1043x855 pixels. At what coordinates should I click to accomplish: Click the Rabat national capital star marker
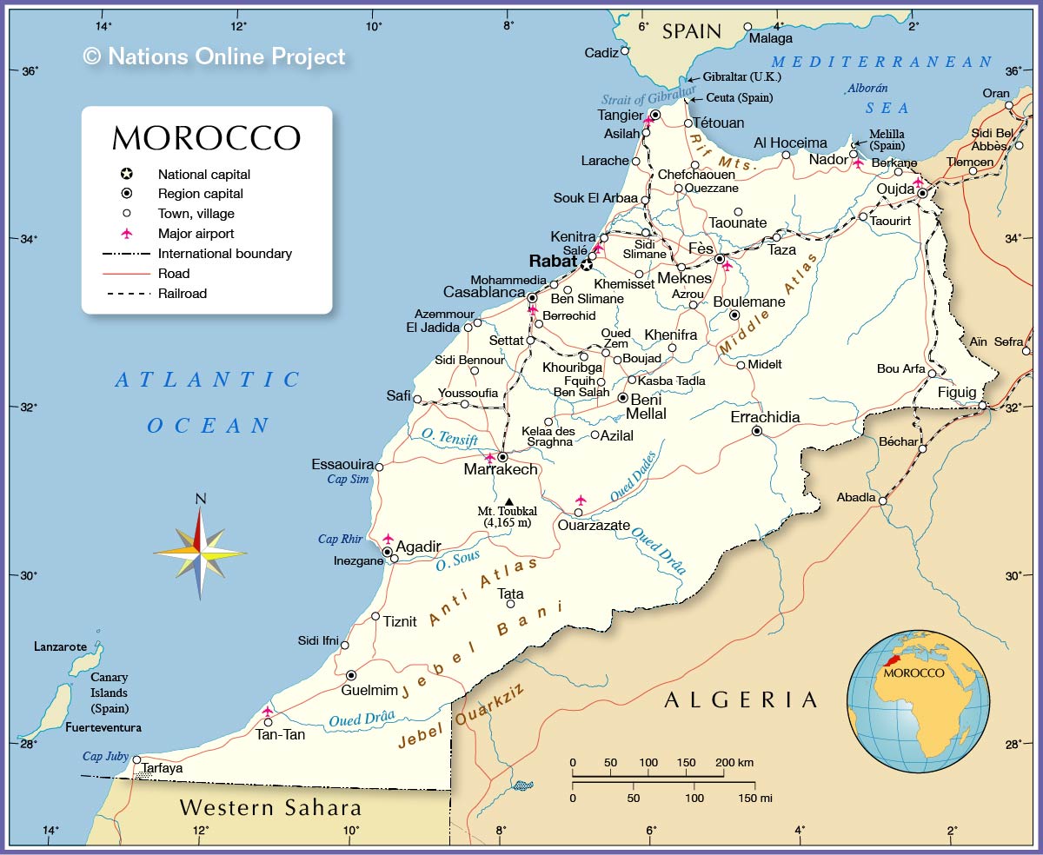(x=588, y=264)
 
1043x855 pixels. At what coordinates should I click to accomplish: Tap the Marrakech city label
(x=501, y=470)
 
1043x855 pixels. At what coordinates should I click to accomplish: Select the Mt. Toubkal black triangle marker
(x=508, y=500)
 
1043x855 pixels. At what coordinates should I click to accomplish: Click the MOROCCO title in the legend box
(x=206, y=139)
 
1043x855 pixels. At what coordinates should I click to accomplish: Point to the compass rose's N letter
(x=201, y=499)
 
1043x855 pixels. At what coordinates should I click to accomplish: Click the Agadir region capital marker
(x=387, y=552)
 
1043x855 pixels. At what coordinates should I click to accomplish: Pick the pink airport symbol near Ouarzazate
(x=581, y=500)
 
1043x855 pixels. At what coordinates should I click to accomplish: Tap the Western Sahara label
(x=269, y=807)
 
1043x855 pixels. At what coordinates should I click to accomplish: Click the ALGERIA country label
(x=741, y=700)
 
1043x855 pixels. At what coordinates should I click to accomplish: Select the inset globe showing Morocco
(x=918, y=701)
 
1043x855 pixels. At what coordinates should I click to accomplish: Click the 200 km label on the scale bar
(x=734, y=763)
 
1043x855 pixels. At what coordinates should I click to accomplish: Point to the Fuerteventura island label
(x=103, y=727)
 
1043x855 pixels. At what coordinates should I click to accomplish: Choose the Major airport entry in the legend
(x=196, y=234)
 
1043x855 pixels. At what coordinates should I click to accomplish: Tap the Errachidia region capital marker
(x=757, y=431)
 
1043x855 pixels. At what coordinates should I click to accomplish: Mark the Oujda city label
(x=894, y=189)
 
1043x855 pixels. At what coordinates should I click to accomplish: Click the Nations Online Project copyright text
(x=214, y=56)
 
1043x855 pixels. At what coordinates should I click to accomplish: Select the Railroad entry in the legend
(x=182, y=294)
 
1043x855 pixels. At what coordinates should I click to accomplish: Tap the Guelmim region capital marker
(x=351, y=675)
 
